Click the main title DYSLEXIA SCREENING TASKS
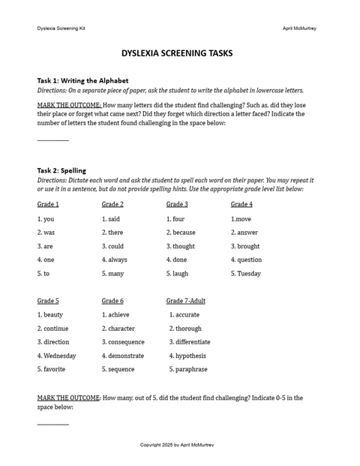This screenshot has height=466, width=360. pyautogui.click(x=177, y=54)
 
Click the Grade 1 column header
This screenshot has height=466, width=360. pyautogui.click(x=48, y=204)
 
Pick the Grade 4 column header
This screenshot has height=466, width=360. pyautogui.click(x=241, y=204)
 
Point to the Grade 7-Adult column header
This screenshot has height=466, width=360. pyautogui.click(x=186, y=301)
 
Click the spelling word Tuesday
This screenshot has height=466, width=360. pyautogui.click(x=249, y=274)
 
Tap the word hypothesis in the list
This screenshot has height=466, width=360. pyautogui.click(x=190, y=356)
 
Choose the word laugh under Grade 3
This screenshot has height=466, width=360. pyautogui.click(x=180, y=274)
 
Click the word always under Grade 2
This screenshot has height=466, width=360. pyautogui.click(x=117, y=260)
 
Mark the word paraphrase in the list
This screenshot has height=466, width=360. pyautogui.click(x=190, y=369)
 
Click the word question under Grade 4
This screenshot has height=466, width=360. pyautogui.click(x=249, y=260)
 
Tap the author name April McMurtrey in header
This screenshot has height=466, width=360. pyautogui.click(x=299, y=28)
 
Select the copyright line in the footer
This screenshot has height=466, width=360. pyautogui.click(x=177, y=445)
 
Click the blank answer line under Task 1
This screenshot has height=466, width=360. pyautogui.click(x=52, y=140)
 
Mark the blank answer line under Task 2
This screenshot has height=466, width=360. pyautogui.click(x=52, y=424)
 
